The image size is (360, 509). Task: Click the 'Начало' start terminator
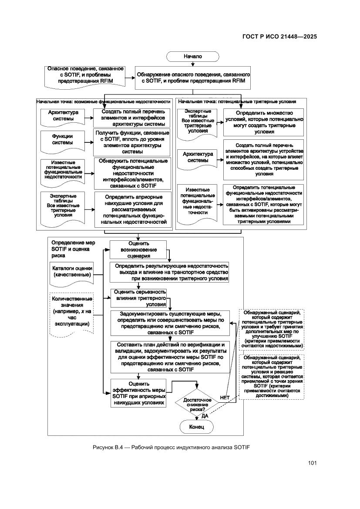[192, 56]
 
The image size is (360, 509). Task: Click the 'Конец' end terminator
[196, 427]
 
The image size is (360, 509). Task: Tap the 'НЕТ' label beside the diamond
[225, 397]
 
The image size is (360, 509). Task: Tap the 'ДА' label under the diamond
[205, 416]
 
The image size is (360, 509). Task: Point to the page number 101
[312, 462]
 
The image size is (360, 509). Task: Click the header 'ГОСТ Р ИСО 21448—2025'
[279, 37]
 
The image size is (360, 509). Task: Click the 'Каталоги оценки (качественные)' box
[72, 272]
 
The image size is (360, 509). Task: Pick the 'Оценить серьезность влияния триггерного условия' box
[138, 298]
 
